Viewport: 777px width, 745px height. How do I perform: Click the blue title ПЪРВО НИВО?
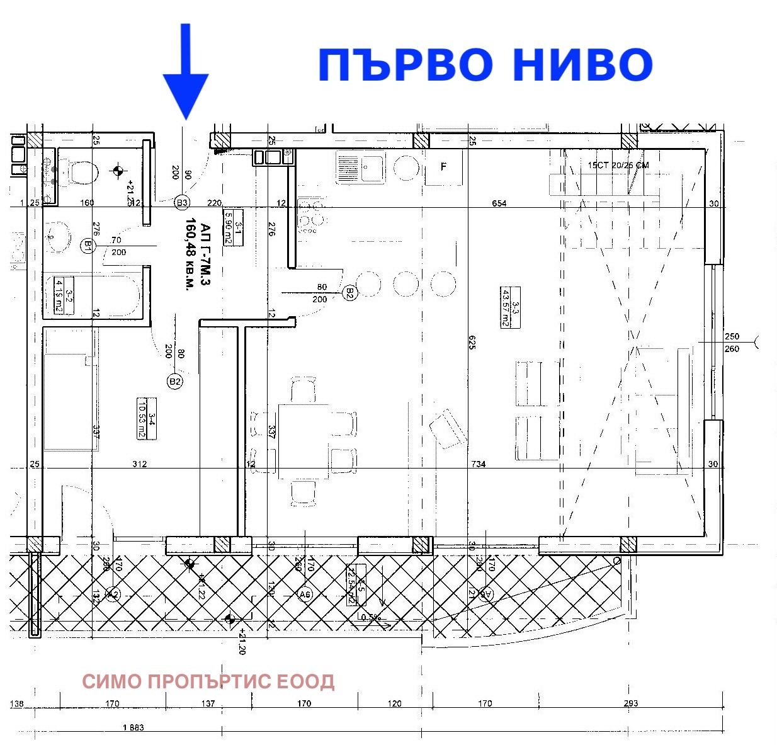[485, 65]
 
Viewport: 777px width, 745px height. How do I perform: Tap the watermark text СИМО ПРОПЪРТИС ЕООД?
[208, 681]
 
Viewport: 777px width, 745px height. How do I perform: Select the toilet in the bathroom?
[81, 171]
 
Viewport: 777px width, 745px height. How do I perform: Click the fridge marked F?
[443, 167]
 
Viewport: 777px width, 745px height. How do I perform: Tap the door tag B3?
[182, 202]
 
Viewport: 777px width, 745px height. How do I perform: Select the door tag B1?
[88, 245]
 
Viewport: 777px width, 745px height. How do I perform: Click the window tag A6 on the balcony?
[305, 594]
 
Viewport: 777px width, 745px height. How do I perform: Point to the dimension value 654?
[499, 203]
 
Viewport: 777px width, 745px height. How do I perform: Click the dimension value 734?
[479, 464]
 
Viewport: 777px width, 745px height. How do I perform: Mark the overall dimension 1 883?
[133, 727]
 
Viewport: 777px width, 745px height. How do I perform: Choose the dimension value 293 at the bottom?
[630, 703]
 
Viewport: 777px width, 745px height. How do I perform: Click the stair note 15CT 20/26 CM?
[618, 166]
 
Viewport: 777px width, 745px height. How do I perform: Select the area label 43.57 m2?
[505, 307]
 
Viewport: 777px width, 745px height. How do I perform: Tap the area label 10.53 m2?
[142, 418]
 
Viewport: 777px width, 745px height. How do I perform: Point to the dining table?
[303, 441]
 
